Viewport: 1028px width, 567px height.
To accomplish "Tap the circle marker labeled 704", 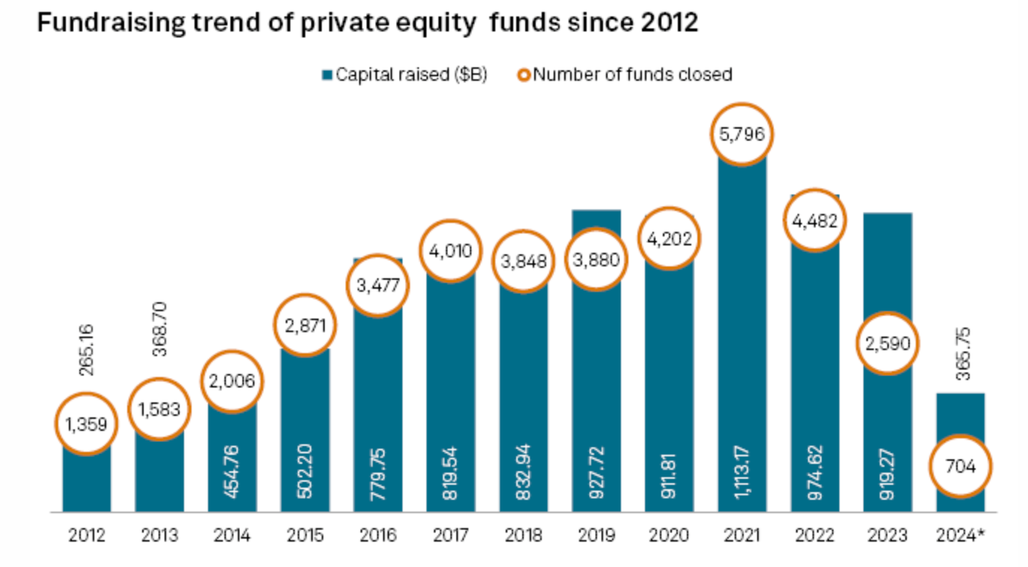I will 961,468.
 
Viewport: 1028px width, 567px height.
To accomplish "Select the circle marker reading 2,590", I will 887,345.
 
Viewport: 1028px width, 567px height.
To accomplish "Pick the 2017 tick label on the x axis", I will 451,536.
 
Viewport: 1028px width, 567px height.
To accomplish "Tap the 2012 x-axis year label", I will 86,536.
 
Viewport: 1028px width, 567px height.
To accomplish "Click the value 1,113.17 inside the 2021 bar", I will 742,471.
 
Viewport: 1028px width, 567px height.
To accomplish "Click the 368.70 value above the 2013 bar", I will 159,329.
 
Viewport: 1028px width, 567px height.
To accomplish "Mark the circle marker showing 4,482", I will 815,221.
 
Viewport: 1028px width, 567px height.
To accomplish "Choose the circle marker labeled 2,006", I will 232,381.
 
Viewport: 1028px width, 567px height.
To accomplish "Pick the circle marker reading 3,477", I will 378,285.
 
